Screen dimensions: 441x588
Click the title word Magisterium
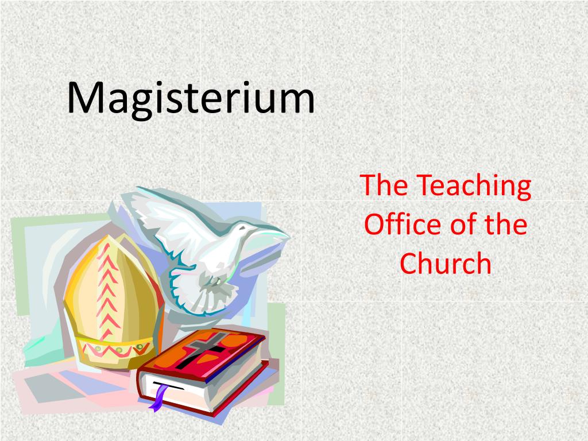click(x=191, y=99)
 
